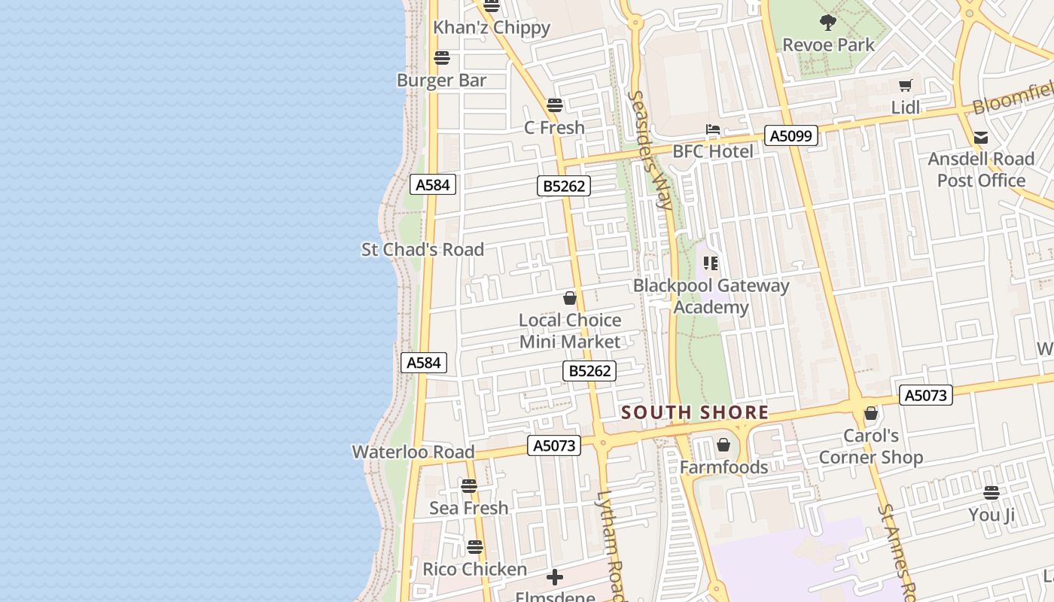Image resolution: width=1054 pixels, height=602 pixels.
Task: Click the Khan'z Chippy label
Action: point(492,28)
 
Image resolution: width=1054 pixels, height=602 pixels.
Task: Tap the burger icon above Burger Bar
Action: point(442,58)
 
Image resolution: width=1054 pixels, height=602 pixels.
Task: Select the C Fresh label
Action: point(554,128)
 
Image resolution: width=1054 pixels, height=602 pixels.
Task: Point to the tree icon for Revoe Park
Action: point(828,23)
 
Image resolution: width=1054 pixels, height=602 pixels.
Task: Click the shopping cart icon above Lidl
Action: point(905,86)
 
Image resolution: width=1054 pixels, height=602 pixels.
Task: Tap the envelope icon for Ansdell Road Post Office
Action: point(981,138)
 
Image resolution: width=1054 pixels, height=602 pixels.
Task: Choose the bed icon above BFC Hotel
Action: point(712,130)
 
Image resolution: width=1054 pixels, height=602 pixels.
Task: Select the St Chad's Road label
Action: point(422,250)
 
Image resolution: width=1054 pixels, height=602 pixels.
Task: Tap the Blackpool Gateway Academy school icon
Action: point(711,263)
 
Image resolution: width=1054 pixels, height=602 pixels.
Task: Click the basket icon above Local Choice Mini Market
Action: point(570,299)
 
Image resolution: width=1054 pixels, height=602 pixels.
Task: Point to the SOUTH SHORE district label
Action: point(695,412)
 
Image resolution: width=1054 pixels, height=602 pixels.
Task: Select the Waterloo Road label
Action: point(413,452)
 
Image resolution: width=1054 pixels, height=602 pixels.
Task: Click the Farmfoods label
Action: point(723,467)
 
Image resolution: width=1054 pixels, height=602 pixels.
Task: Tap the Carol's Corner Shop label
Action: point(870,446)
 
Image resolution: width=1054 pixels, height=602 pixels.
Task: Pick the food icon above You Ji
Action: point(991,493)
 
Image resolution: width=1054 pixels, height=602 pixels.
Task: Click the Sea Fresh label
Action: point(468,508)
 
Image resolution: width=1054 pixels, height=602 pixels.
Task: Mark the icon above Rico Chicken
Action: point(474,547)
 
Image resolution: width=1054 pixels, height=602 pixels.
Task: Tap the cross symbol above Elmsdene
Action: point(555,577)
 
